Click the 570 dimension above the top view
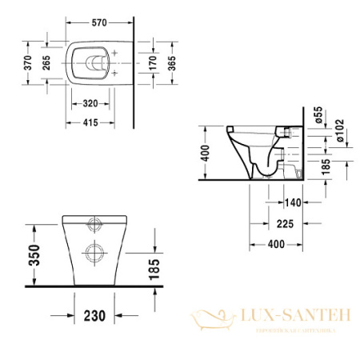point(99,22)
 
